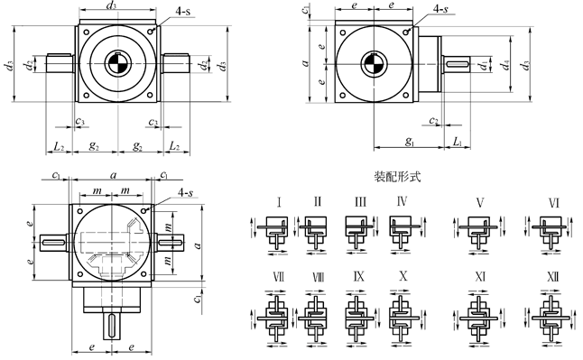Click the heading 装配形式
point(397,177)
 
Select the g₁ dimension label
point(410,142)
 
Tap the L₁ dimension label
point(457,142)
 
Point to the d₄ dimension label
point(504,65)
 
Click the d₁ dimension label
point(484,65)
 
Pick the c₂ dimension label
point(433,121)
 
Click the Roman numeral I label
point(279,203)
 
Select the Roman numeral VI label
point(553,203)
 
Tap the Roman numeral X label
point(403,276)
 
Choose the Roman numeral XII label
point(553,277)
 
